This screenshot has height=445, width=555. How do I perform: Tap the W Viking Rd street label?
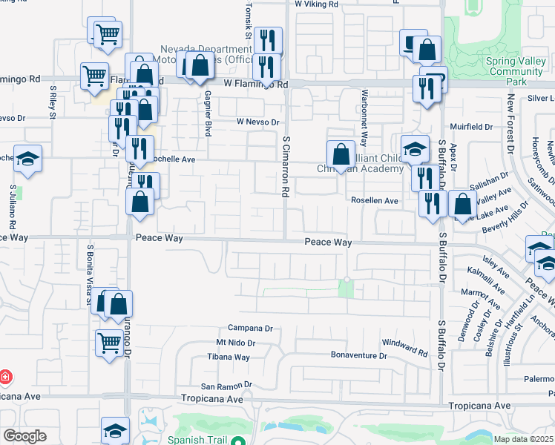point(316,4)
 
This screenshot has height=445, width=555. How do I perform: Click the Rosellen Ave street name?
point(375,200)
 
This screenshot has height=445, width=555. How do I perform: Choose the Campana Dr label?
point(251,328)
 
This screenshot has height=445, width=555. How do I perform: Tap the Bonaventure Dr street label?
point(359,355)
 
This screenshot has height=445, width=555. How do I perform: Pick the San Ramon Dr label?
point(227,386)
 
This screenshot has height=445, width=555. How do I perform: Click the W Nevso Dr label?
point(257,122)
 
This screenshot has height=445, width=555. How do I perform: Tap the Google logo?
point(24,436)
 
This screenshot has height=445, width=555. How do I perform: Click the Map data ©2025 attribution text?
point(524,439)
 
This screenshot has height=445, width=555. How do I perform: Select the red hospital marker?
point(6,377)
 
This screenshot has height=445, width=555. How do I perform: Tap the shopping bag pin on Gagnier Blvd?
point(200,65)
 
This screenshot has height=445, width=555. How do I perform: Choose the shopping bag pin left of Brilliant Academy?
point(340,155)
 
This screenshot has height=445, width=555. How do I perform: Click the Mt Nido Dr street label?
point(235,343)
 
